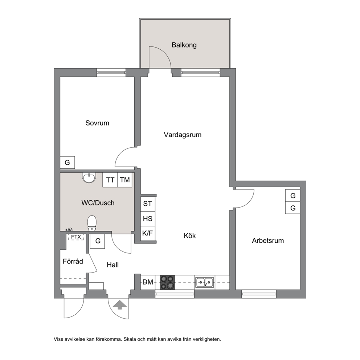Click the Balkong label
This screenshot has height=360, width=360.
(x=184, y=45)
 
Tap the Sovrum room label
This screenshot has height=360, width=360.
(x=97, y=123)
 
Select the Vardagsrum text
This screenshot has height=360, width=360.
(x=183, y=135)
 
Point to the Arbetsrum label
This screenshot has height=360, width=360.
(x=268, y=241)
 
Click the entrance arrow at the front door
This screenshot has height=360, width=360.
(x=120, y=305)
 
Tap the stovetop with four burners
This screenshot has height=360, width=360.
(x=167, y=282)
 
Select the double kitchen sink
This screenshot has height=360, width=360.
(x=205, y=282)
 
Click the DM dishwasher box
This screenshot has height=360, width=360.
(x=148, y=282)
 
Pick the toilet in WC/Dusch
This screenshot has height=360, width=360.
(x=92, y=223)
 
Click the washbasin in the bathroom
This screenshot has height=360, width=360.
(x=89, y=178)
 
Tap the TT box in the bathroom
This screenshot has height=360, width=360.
(x=110, y=180)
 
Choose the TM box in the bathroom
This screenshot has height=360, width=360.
(x=125, y=180)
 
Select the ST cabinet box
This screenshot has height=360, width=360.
(x=148, y=204)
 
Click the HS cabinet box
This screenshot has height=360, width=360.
(x=148, y=218)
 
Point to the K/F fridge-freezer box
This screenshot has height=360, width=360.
(x=148, y=233)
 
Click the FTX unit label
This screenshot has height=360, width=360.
(x=76, y=237)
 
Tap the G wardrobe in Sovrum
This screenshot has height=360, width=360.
(x=67, y=163)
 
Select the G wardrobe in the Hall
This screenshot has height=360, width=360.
(x=98, y=241)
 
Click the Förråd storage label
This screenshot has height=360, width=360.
(x=73, y=261)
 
